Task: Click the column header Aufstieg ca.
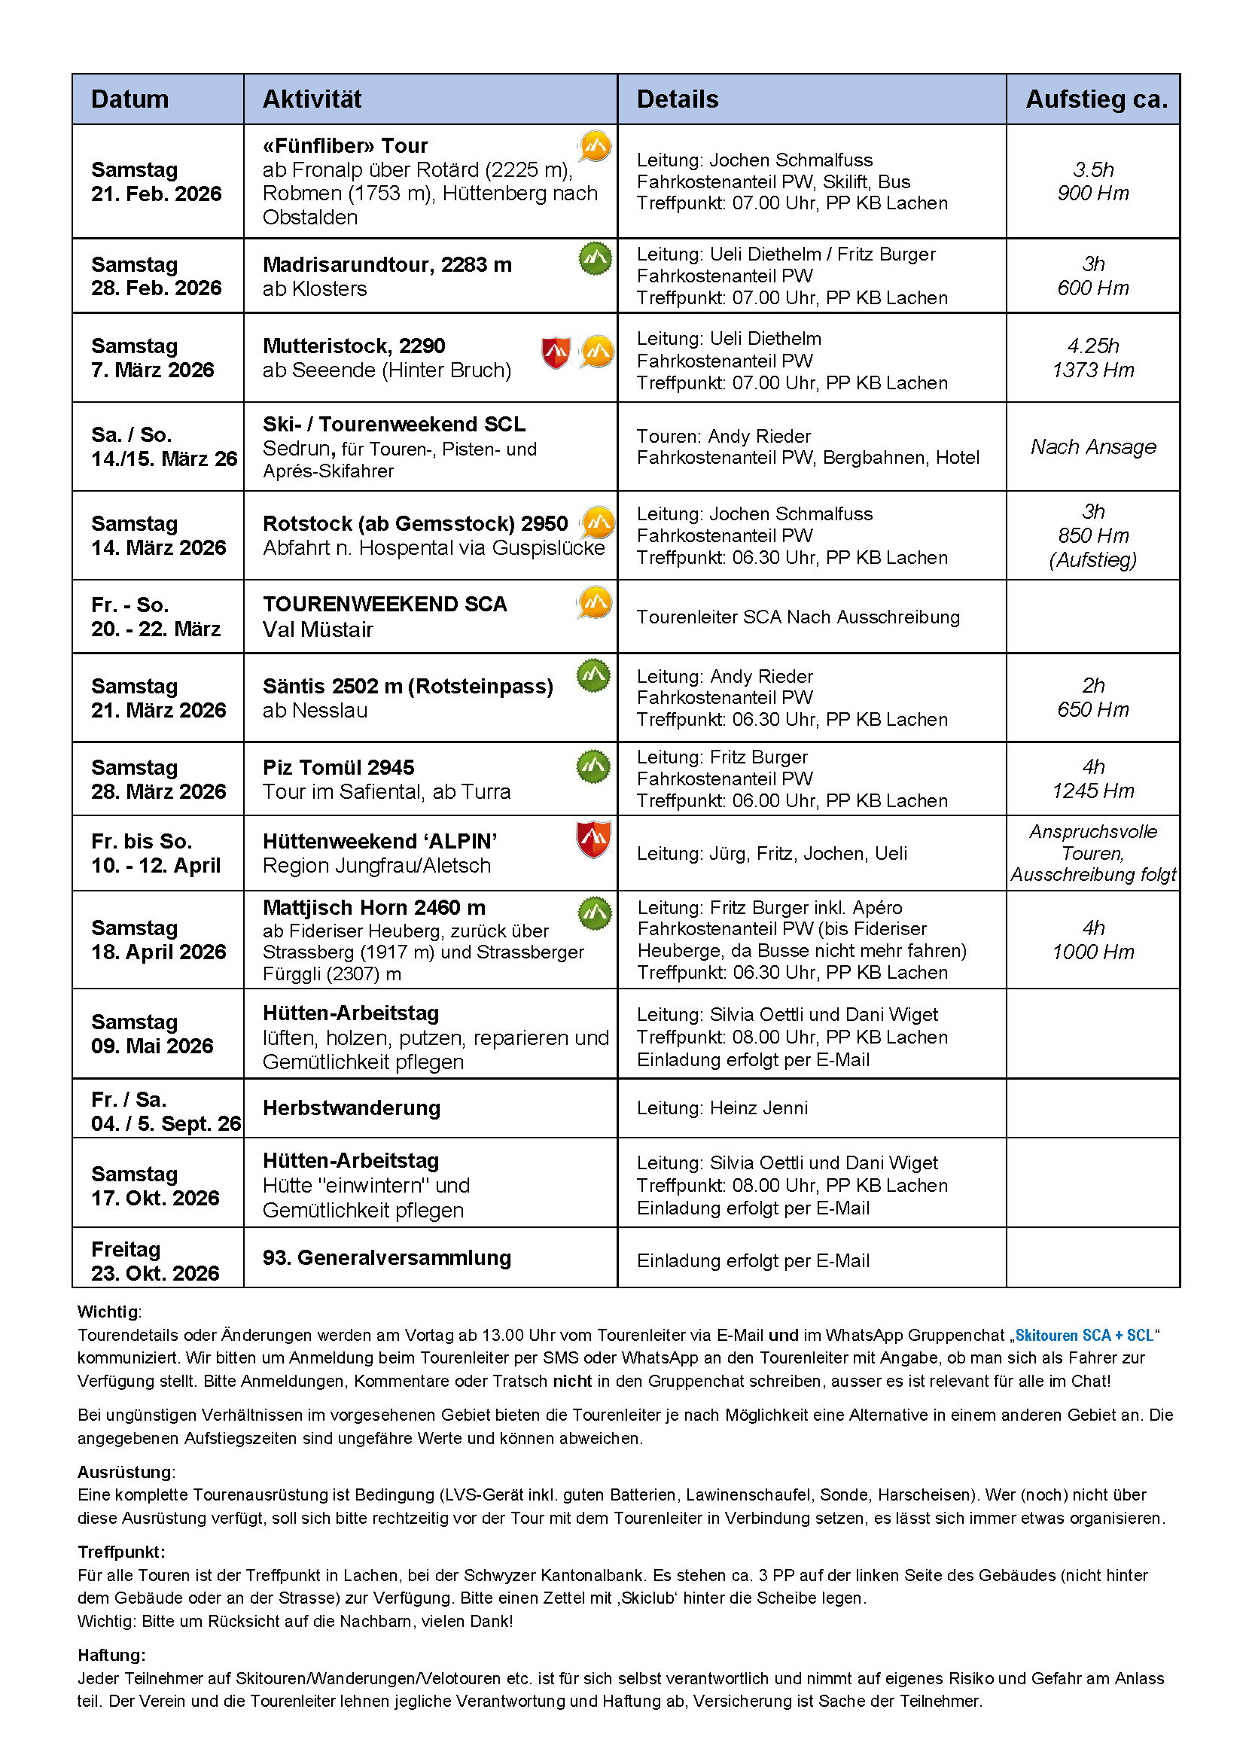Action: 1095,99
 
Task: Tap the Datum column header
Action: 129,99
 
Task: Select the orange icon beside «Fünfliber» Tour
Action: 595,146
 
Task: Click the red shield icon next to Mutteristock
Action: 556,352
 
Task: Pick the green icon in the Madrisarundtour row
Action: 595,258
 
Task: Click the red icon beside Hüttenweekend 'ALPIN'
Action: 593,839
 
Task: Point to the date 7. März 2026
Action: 153,370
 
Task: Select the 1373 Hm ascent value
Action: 1092,370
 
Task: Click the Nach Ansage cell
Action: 1092,446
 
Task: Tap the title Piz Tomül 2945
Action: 338,767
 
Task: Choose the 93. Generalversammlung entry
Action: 387,1257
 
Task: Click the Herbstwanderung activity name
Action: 352,1108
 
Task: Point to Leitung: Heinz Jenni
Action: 722,1108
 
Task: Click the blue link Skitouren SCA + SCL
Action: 1083,1335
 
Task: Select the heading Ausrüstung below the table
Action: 125,1472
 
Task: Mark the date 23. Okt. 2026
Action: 155,1274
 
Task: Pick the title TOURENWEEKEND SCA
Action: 385,605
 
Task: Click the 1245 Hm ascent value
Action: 1092,791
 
